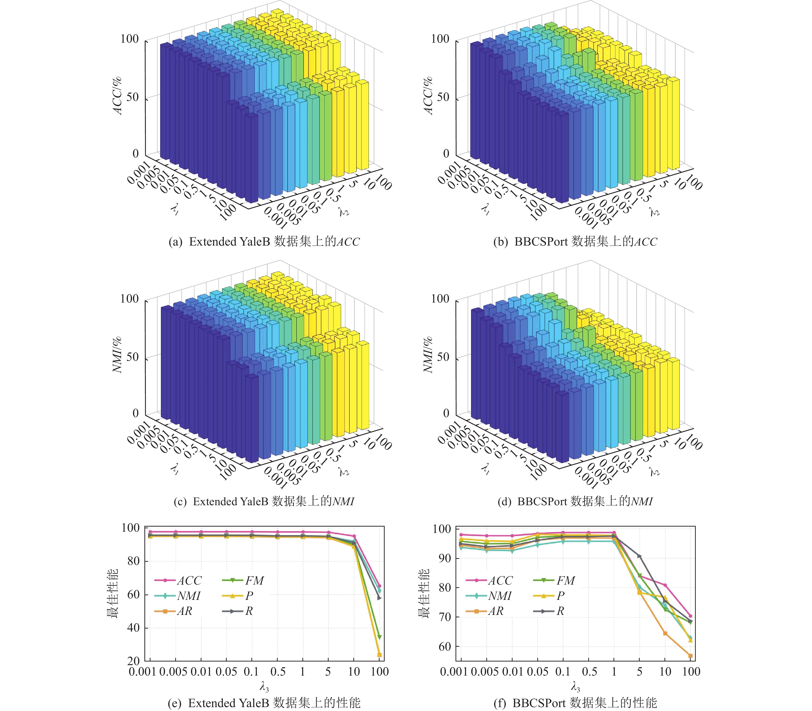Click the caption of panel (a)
(264, 242)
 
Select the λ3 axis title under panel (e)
(264, 686)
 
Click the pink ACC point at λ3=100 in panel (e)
(379, 586)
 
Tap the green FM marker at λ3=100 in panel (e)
(379, 637)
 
